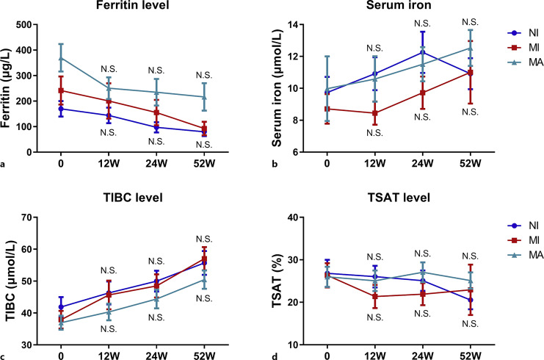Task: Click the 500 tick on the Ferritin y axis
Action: tap(29, 25)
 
